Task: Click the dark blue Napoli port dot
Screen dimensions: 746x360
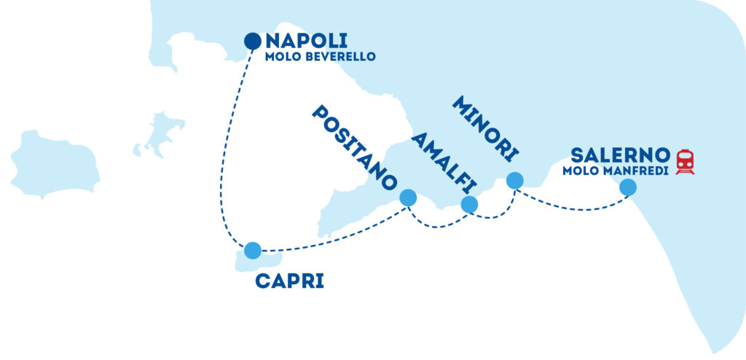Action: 253,42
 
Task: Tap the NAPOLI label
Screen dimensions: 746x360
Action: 307,41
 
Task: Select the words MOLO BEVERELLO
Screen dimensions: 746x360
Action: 321,57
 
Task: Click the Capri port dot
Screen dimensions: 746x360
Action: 253,251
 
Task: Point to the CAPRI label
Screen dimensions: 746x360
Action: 289,281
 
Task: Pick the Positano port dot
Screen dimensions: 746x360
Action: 408,197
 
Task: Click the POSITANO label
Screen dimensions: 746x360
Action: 355,148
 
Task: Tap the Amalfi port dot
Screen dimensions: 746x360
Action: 469,204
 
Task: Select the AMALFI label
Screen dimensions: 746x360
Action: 444,163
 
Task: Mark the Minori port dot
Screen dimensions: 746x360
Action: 515,181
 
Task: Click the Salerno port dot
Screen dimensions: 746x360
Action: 628,187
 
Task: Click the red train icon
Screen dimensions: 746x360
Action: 685,162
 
